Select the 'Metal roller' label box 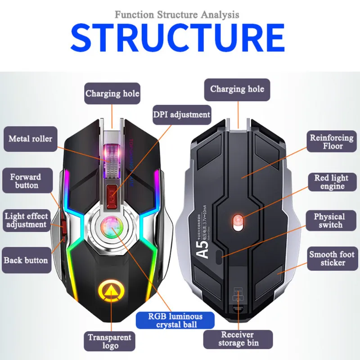click(x=30, y=139)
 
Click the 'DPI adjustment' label click(x=182, y=114)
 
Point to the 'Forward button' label click(x=26, y=181)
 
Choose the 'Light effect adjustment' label click(x=26, y=220)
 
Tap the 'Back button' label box click(x=26, y=260)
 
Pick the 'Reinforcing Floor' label click(x=332, y=142)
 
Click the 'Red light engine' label click(x=332, y=182)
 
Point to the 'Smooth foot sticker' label click(x=332, y=258)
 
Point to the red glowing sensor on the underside click(x=237, y=220)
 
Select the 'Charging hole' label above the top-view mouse click(x=112, y=94)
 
